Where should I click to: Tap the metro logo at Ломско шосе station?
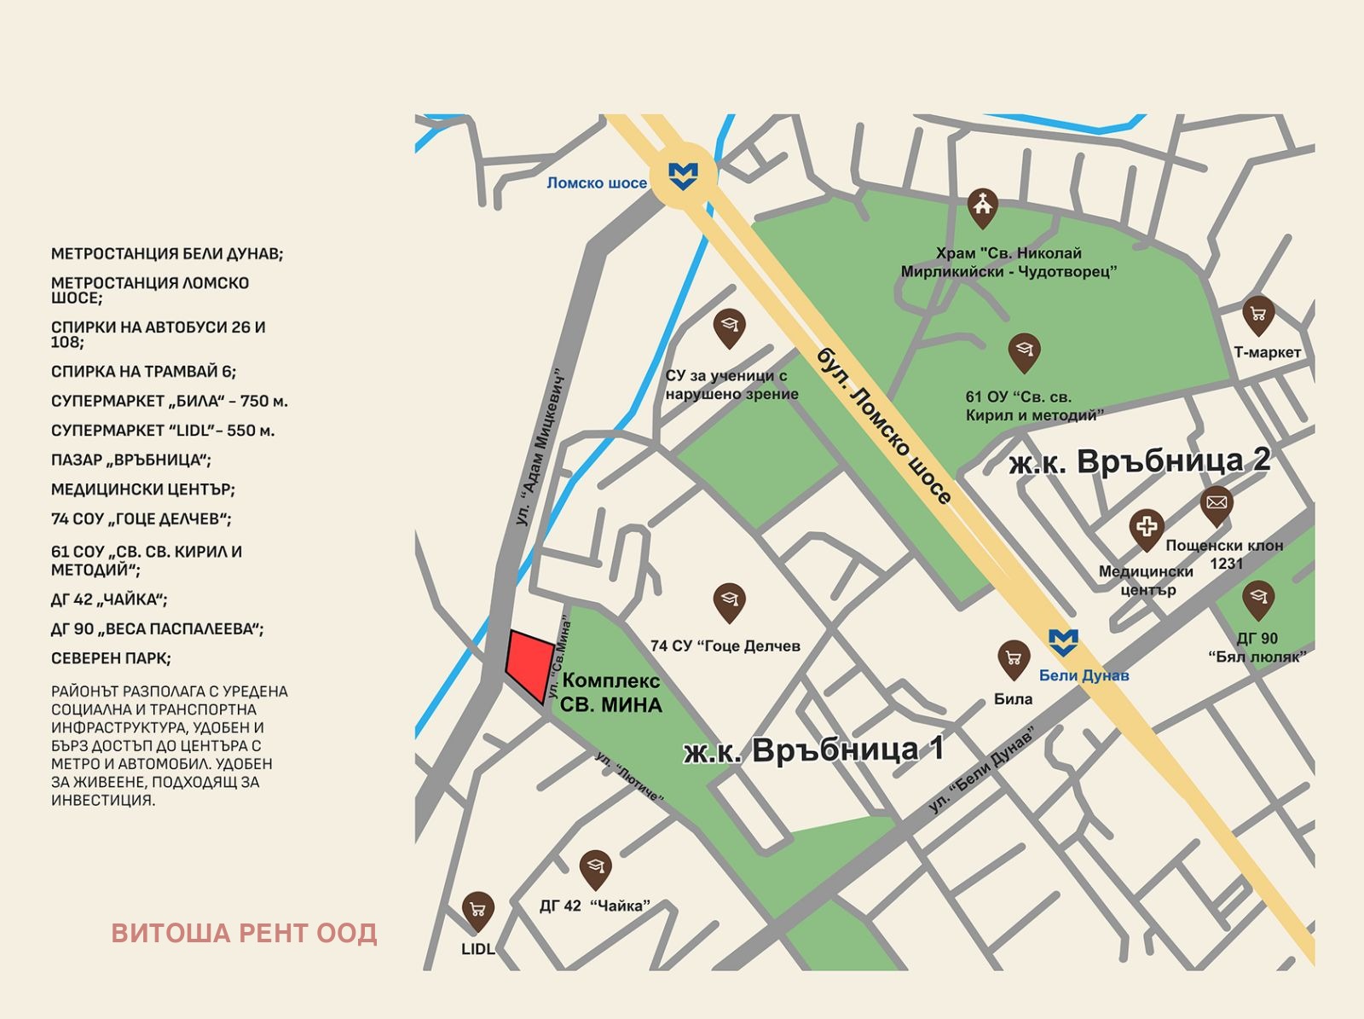pyautogui.click(x=683, y=176)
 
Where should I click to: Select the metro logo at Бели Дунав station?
pyautogui.click(x=1063, y=641)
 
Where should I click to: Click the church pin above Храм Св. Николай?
pyautogui.click(x=983, y=206)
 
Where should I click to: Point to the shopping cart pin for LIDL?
pyautogui.click(x=478, y=910)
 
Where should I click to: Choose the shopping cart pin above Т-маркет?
pyautogui.click(x=1258, y=314)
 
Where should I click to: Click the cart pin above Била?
pyautogui.click(x=1014, y=658)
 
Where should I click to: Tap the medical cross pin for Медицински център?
pyautogui.click(x=1147, y=527)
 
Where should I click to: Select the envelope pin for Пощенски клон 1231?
pyautogui.click(x=1217, y=503)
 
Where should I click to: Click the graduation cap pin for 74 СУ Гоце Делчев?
pyautogui.click(x=729, y=600)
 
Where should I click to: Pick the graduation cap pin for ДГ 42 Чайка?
pyautogui.click(x=595, y=867)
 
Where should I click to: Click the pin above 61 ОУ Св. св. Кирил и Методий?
pyautogui.click(x=1024, y=350)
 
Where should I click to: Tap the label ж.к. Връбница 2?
pyautogui.click(x=1140, y=461)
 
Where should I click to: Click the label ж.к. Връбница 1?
pyautogui.click(x=813, y=750)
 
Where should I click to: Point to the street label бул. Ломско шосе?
pyautogui.click(x=884, y=426)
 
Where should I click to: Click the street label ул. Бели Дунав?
pyautogui.click(x=981, y=768)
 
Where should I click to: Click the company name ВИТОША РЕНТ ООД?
pyautogui.click(x=244, y=933)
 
